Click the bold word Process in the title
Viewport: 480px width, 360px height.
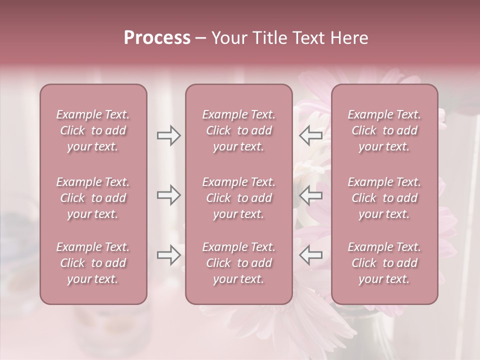[x=157, y=38]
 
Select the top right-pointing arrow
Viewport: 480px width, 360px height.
[x=168, y=135]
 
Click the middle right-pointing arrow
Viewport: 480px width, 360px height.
[x=168, y=195]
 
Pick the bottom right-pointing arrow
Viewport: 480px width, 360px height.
[x=168, y=255]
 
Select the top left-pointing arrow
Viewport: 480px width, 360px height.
[x=311, y=135]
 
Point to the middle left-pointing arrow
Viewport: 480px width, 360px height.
[x=311, y=195]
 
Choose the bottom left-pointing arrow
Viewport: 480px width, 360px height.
[x=311, y=255]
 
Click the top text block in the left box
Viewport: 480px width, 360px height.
[x=93, y=130]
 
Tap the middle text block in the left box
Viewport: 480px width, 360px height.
[x=93, y=198]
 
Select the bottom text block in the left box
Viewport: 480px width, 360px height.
[x=93, y=263]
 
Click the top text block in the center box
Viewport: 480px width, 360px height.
[x=238, y=130]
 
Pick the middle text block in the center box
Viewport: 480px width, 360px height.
[x=238, y=198]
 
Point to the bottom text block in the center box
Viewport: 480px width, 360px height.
[x=238, y=263]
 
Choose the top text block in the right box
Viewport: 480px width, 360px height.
[x=384, y=130]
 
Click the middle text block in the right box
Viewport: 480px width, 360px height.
[x=384, y=198]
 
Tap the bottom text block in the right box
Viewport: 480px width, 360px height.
[x=384, y=263]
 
